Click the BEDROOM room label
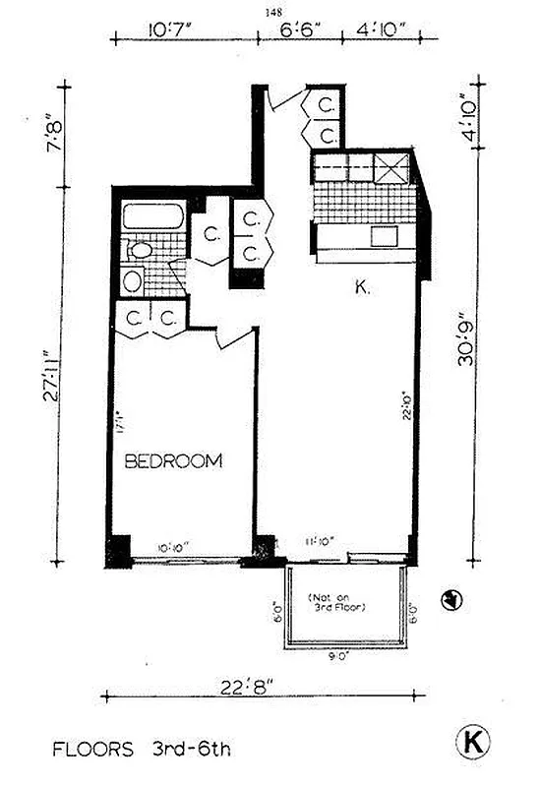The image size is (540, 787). pyautogui.click(x=172, y=460)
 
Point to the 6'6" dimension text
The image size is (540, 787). pyautogui.click(x=298, y=30)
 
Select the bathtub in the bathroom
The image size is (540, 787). pyautogui.click(x=152, y=217)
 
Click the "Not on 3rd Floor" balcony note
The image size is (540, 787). pyautogui.click(x=339, y=602)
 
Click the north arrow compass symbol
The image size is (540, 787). pyautogui.click(x=450, y=597)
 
